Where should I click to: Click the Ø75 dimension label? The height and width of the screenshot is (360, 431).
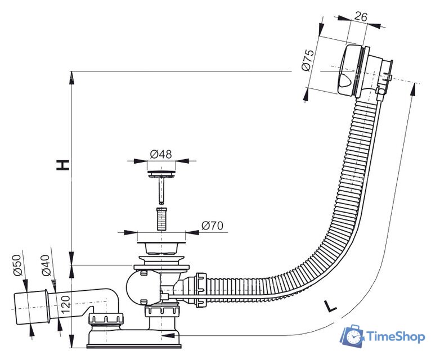[308, 60]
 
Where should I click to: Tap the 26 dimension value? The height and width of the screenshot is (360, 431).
[361, 17]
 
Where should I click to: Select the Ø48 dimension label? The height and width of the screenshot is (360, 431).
[161, 154]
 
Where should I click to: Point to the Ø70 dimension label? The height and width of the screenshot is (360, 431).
[212, 226]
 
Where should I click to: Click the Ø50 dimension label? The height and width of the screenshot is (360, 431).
[17, 265]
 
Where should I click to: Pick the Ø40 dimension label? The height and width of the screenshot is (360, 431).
[46, 265]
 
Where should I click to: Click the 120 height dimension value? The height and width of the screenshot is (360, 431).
[65, 304]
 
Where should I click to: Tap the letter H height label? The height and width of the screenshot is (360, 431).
[62, 165]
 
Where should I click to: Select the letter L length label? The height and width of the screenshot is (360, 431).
[330, 306]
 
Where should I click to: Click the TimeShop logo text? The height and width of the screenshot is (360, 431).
[396, 336]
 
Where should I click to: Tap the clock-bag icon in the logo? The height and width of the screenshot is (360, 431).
[353, 336]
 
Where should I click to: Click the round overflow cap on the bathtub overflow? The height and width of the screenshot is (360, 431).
[348, 70]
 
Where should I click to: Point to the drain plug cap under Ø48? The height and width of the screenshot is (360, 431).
[161, 174]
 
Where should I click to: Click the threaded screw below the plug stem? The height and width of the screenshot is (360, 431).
[161, 219]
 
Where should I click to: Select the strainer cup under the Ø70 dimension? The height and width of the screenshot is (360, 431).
[161, 247]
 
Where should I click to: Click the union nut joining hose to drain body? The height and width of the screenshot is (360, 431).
[201, 290]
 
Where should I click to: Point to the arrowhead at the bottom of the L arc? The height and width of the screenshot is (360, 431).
[168, 335]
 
